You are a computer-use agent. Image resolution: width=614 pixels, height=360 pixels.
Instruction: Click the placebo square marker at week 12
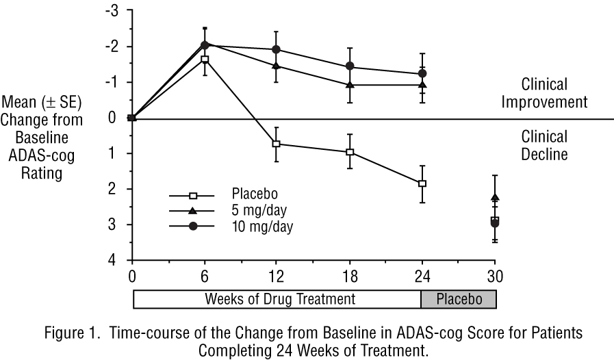coord(277,144)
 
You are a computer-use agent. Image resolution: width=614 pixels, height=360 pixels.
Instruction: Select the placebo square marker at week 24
coord(422,183)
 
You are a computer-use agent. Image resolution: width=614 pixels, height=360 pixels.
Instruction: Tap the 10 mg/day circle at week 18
coord(350,66)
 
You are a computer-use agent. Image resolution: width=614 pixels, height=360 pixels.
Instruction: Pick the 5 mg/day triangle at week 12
coord(277,66)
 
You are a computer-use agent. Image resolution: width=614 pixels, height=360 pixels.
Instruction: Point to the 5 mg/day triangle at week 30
coord(495,197)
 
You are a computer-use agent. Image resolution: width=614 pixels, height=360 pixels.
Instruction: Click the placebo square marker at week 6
coord(204,60)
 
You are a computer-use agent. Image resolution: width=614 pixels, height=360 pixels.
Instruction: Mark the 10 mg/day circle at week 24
coord(422,73)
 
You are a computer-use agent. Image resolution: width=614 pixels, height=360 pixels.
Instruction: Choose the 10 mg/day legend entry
coord(233,226)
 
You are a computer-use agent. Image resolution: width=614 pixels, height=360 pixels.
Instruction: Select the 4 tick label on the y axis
coord(116,260)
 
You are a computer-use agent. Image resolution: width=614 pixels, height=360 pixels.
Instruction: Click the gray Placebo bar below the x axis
coord(458,299)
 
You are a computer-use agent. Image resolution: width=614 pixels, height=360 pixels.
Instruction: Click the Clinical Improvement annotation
coord(554,94)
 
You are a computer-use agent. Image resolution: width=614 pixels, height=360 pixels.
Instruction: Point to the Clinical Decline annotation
coord(544,145)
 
